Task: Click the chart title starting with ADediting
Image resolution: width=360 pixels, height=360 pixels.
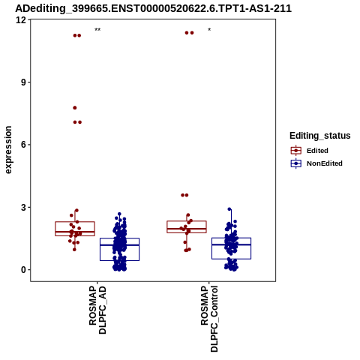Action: pyautogui.click(x=153, y=8)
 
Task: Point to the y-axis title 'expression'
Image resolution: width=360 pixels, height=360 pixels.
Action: pyautogui.click(x=8, y=150)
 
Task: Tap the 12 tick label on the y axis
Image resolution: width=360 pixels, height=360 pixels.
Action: pyautogui.click(x=21, y=20)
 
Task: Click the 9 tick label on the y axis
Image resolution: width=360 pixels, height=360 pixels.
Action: pyautogui.click(x=24, y=82)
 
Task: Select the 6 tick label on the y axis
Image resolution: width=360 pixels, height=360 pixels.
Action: pyautogui.click(x=24, y=145)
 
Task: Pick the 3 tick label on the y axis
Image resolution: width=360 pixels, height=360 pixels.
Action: pyautogui.click(x=24, y=207)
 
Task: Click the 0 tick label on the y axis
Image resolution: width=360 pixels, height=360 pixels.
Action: pyautogui.click(x=24, y=270)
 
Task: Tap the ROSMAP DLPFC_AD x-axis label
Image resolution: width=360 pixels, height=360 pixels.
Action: pyautogui.click(x=97, y=310)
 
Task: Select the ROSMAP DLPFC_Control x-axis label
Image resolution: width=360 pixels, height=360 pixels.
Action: pyautogui.click(x=209, y=319)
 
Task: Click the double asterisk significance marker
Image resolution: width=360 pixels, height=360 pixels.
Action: pyautogui.click(x=97, y=30)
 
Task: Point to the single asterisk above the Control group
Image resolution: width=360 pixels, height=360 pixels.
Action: pyautogui.click(x=209, y=30)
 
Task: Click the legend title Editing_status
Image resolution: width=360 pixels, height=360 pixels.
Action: pyautogui.click(x=320, y=136)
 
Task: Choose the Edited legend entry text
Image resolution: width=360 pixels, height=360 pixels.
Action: pyautogui.click(x=317, y=151)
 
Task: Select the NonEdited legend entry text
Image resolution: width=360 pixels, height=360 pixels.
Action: pyautogui.click(x=325, y=163)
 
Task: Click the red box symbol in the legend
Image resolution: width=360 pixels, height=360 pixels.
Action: pyautogui.click(x=296, y=151)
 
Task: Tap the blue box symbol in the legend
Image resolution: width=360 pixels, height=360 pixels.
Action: pyautogui.click(x=296, y=163)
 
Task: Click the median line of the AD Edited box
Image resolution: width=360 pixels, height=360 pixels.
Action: pyautogui.click(x=75, y=232)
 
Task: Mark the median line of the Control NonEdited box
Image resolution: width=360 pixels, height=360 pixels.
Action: pyautogui.click(x=232, y=244)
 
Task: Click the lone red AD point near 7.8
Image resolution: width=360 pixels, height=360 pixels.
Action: pyautogui.click(x=75, y=108)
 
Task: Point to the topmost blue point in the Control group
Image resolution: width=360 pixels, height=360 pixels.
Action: pyautogui.click(x=229, y=209)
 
